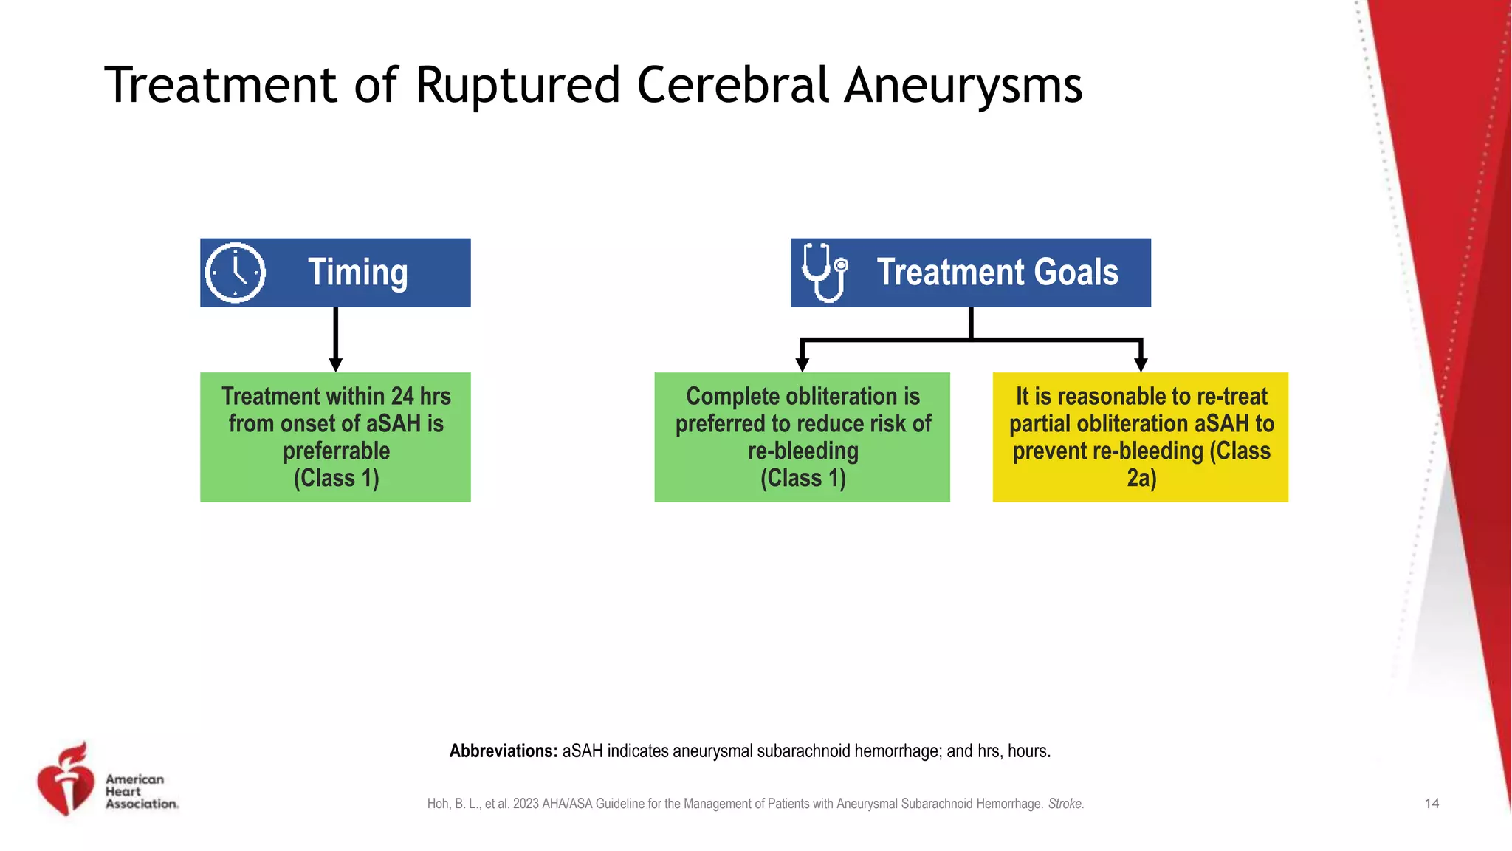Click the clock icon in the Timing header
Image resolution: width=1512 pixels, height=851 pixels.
(x=235, y=273)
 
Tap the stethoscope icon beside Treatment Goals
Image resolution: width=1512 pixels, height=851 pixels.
(x=824, y=273)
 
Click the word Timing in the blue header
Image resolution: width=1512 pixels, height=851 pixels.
(x=357, y=273)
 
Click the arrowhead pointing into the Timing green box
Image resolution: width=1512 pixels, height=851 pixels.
(x=335, y=365)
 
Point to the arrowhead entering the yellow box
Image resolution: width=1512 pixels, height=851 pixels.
(x=1141, y=365)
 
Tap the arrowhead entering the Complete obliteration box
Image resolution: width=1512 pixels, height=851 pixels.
(x=803, y=365)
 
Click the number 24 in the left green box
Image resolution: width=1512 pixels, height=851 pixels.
(x=402, y=397)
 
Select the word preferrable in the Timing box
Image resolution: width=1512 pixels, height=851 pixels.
(x=336, y=451)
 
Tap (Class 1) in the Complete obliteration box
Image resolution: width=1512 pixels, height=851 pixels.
(x=803, y=479)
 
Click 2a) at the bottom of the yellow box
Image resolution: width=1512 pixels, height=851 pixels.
(x=1141, y=479)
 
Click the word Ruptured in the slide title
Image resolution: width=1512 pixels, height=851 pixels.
(x=517, y=85)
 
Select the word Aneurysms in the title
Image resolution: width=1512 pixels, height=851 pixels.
(x=963, y=85)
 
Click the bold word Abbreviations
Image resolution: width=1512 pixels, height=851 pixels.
(x=503, y=751)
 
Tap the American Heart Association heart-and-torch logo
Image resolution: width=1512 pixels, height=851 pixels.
(x=66, y=780)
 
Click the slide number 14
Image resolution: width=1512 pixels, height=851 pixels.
(x=1432, y=804)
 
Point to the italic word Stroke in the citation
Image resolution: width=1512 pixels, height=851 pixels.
(x=1065, y=804)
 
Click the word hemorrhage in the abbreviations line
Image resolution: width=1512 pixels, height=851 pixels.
(x=896, y=751)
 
